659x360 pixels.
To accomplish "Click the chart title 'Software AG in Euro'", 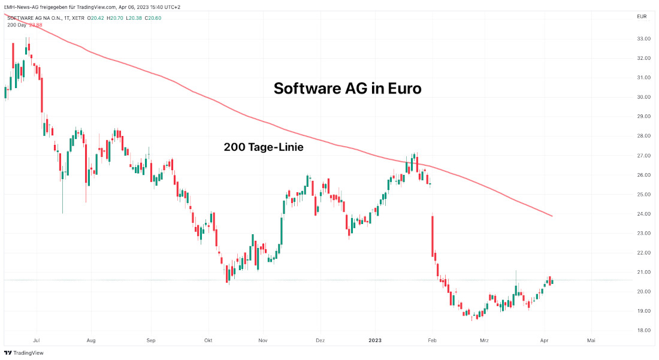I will [347, 89].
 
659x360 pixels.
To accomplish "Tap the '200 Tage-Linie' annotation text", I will [263, 147].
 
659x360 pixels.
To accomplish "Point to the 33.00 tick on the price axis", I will [644, 39].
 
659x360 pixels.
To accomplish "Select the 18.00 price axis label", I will [644, 331].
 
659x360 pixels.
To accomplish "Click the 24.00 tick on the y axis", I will [644, 214].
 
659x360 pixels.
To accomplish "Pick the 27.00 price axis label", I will [644, 156].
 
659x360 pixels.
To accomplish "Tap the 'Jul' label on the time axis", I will [37, 340].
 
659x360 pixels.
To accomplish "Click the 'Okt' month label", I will [208, 340].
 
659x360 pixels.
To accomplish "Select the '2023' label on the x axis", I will [374, 340].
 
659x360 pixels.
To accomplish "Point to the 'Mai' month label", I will [591, 340].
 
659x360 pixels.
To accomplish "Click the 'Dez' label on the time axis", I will [320, 340].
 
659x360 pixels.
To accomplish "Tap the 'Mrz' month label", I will [485, 340].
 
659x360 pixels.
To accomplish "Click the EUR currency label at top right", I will [642, 17].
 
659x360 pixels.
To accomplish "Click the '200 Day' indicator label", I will [17, 25].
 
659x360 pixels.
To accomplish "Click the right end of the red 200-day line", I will [552, 216].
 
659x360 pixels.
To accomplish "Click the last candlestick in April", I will [552, 282].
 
